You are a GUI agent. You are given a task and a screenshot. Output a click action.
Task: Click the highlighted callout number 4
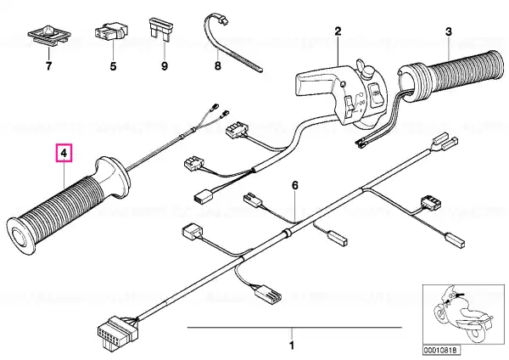point(64,153)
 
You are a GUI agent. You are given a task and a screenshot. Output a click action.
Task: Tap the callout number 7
point(48,66)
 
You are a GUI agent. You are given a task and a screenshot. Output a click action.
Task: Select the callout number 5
point(113,66)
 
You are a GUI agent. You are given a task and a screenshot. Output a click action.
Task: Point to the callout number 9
point(165,66)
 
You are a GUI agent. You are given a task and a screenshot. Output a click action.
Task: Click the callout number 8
point(218,65)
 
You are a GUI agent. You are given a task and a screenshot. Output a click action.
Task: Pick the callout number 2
point(338,31)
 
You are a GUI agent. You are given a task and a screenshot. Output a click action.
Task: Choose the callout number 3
point(448,32)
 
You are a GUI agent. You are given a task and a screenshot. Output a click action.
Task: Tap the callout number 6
point(294,186)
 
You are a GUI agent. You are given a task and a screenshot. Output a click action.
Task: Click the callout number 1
point(292,345)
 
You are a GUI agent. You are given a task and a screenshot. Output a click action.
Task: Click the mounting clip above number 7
point(49,35)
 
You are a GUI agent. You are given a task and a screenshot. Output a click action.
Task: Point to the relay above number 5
point(111,31)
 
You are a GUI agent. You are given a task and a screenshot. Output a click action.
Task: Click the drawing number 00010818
point(441,351)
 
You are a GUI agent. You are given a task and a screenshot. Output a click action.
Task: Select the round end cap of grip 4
point(20,236)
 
